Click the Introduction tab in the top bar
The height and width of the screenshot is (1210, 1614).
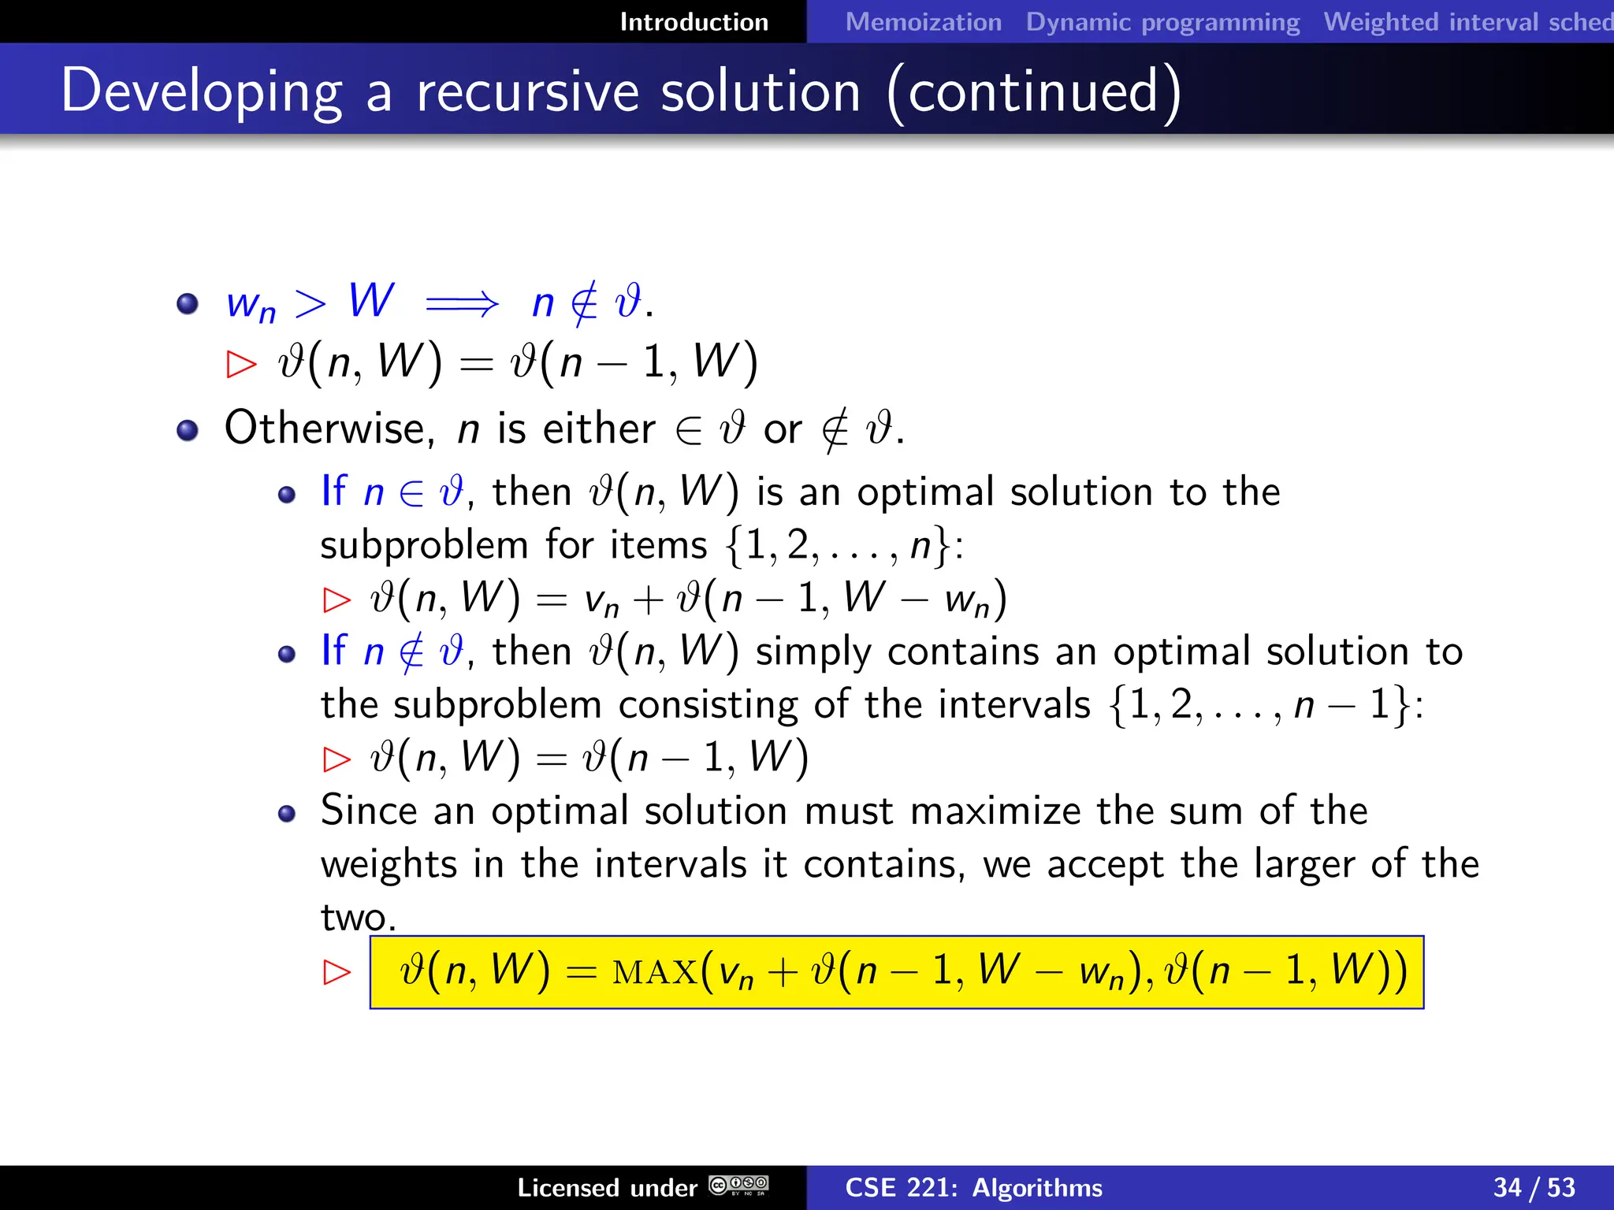click(694, 22)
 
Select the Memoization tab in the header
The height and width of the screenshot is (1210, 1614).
click(923, 22)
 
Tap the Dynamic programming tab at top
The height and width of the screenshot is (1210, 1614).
click(1162, 22)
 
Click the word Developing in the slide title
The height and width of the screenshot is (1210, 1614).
click(202, 92)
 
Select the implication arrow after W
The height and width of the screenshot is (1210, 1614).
click(462, 303)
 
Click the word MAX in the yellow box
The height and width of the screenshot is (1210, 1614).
click(655, 972)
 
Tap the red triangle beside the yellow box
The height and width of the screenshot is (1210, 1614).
click(337, 972)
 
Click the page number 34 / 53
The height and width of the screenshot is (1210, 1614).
click(1534, 1187)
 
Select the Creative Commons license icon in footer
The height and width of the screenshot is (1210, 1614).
click(738, 1186)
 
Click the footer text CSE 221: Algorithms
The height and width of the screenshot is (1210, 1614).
click(973, 1187)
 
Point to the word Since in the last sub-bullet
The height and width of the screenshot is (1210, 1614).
click(368, 811)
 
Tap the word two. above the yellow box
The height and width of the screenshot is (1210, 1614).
click(358, 917)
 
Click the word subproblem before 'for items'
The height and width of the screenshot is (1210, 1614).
click(424, 545)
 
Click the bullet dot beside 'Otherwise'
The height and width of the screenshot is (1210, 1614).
click(188, 430)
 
